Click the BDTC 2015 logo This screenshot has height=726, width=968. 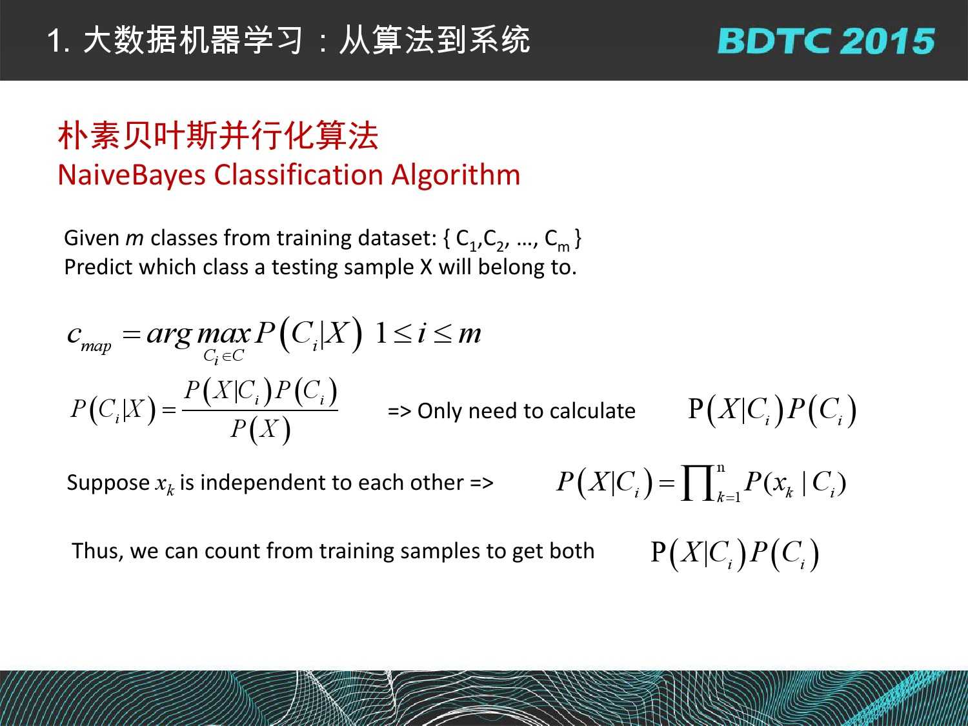click(x=826, y=41)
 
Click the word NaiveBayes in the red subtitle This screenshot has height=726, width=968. click(x=132, y=176)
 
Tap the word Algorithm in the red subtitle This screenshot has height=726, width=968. click(x=456, y=176)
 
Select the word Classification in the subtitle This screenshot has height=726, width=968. click(x=298, y=174)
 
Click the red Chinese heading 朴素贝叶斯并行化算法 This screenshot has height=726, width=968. click(x=218, y=136)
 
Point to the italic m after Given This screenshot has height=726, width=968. click(x=134, y=239)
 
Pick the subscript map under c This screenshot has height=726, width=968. click(x=96, y=347)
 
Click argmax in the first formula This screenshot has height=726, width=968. click(x=199, y=334)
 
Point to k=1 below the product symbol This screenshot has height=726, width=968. click(x=728, y=497)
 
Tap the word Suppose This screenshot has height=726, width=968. click(x=108, y=483)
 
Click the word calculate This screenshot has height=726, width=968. click(x=592, y=411)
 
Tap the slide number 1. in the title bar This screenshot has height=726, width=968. click(x=58, y=41)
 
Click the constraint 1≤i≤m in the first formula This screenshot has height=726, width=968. click(x=428, y=334)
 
